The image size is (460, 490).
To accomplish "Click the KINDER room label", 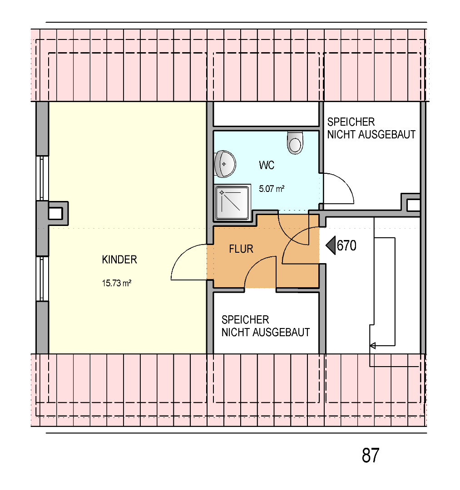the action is click(119, 260).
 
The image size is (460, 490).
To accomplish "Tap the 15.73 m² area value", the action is click(117, 283).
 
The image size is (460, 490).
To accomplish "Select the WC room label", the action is click(267, 165).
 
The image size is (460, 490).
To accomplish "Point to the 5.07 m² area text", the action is click(272, 189).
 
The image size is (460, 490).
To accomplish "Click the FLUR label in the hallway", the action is click(241, 249).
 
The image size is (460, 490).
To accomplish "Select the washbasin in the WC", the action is click(225, 164).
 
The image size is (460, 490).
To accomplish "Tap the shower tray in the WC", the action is click(233, 202).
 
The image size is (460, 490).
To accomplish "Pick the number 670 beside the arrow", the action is click(346, 245).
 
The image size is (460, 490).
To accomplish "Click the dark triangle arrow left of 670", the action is click(331, 245).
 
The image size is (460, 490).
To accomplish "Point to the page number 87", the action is click(371, 456).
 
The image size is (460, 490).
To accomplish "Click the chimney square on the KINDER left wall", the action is click(56, 214).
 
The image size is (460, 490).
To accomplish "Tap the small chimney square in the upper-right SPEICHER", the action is click(413, 206).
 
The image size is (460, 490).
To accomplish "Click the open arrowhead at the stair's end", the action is click(372, 346).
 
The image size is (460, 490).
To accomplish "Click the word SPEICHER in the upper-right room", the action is click(351, 122).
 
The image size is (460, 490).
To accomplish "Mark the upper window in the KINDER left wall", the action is click(42, 178).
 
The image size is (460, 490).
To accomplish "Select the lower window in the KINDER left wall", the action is click(42, 279).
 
